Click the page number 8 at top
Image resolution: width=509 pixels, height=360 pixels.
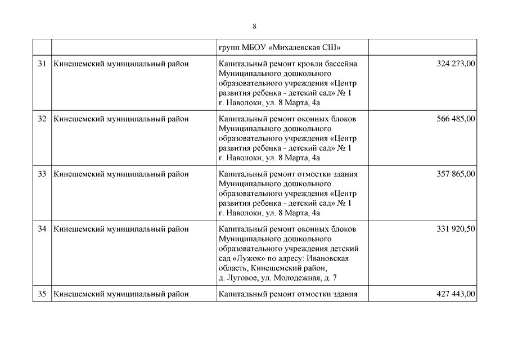point(254,26)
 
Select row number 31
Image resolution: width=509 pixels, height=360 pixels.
point(42,64)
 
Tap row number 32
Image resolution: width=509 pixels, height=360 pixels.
point(42,119)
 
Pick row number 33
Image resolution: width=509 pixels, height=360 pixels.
point(42,174)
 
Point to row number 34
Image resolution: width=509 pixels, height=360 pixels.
point(42,229)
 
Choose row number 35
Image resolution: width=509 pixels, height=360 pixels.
point(42,294)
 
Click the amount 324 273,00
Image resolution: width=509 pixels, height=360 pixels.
point(456,64)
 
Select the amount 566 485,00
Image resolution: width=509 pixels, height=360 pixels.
point(456,119)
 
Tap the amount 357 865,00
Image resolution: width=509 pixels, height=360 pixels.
point(456,174)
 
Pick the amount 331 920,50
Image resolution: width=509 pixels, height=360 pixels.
point(456,229)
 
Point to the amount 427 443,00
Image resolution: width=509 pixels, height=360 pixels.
point(456,294)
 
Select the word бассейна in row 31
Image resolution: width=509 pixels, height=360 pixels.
point(341,64)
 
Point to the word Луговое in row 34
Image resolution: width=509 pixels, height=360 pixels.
point(242,278)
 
